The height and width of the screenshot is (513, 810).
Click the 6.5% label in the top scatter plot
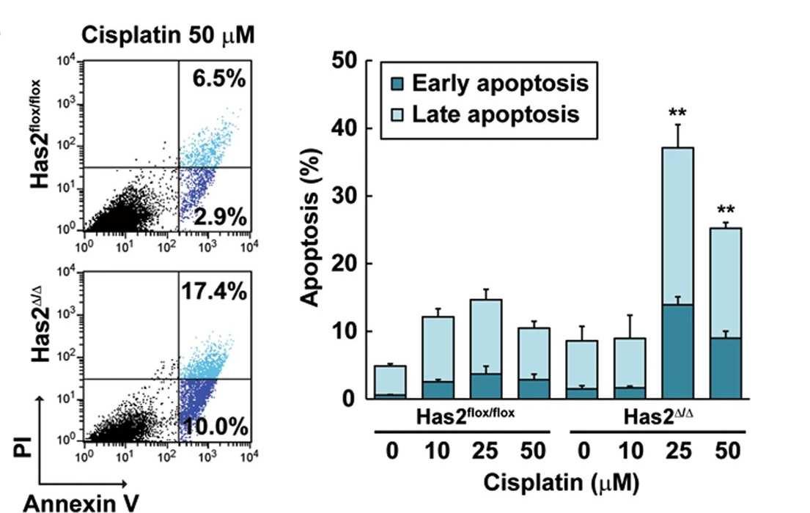tap(213, 80)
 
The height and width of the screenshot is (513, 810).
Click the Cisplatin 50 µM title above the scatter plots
tap(168, 36)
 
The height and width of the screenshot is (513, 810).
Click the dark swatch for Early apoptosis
tap(397, 84)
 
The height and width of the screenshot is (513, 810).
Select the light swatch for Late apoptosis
tap(397, 115)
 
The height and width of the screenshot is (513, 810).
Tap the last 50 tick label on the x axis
tap(726, 450)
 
